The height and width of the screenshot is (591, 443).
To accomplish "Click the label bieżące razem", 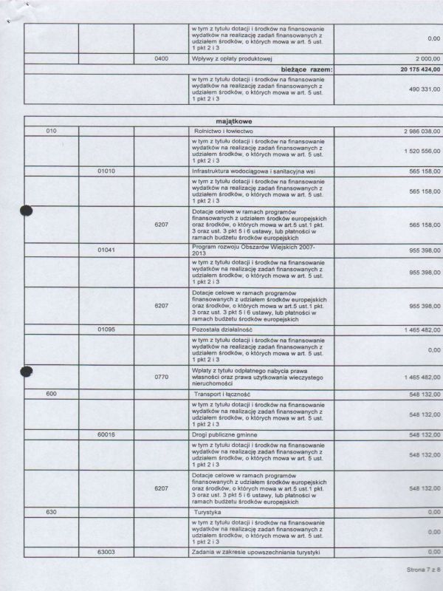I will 302,69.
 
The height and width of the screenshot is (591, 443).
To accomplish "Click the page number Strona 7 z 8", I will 422,570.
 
